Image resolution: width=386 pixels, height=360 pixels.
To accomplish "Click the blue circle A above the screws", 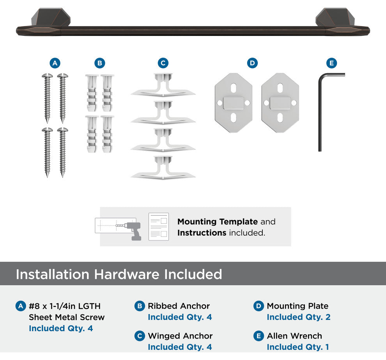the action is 55,63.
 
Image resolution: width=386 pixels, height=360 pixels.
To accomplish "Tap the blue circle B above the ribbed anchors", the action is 100,63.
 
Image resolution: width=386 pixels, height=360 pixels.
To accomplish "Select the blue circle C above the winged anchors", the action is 163,63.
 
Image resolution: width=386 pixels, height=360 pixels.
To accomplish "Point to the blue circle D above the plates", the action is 252,63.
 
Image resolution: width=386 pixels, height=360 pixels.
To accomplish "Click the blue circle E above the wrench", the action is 331,63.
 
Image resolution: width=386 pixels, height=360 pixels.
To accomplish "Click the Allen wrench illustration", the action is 320,111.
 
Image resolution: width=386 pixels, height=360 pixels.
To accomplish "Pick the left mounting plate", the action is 234,102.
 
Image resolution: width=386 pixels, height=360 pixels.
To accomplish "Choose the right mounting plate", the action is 280,102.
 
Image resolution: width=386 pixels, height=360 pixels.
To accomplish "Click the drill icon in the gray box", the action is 133,231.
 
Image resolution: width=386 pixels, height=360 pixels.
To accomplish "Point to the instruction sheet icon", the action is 159,227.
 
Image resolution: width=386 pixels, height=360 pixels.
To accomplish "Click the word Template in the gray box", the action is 238,221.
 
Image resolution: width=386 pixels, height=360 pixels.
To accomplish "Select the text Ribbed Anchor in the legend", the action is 179,306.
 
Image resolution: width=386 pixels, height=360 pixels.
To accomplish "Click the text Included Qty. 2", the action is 299,317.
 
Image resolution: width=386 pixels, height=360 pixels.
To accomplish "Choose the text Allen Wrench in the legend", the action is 294,336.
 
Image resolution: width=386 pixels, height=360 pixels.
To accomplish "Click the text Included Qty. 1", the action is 298,347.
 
